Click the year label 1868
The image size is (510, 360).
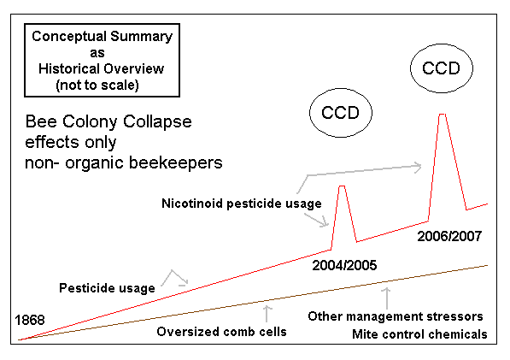click(30, 320)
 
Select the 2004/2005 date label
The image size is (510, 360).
click(344, 265)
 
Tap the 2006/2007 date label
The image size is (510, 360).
click(449, 236)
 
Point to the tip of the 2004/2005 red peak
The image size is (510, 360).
click(342, 186)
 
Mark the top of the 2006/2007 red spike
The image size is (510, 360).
click(443, 114)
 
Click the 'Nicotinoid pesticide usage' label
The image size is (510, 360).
click(242, 204)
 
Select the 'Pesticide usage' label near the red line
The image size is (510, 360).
click(107, 288)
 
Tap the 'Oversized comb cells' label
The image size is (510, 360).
click(221, 332)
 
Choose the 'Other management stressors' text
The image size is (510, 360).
click(396, 316)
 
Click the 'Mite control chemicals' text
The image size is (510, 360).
click(419, 334)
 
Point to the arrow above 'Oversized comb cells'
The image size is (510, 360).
click(267, 314)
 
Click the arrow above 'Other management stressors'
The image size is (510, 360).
click(387, 298)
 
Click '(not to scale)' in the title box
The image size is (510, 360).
click(97, 86)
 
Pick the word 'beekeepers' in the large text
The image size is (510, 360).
click(176, 162)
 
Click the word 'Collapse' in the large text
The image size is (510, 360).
click(157, 122)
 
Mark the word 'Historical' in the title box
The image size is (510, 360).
click(69, 69)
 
